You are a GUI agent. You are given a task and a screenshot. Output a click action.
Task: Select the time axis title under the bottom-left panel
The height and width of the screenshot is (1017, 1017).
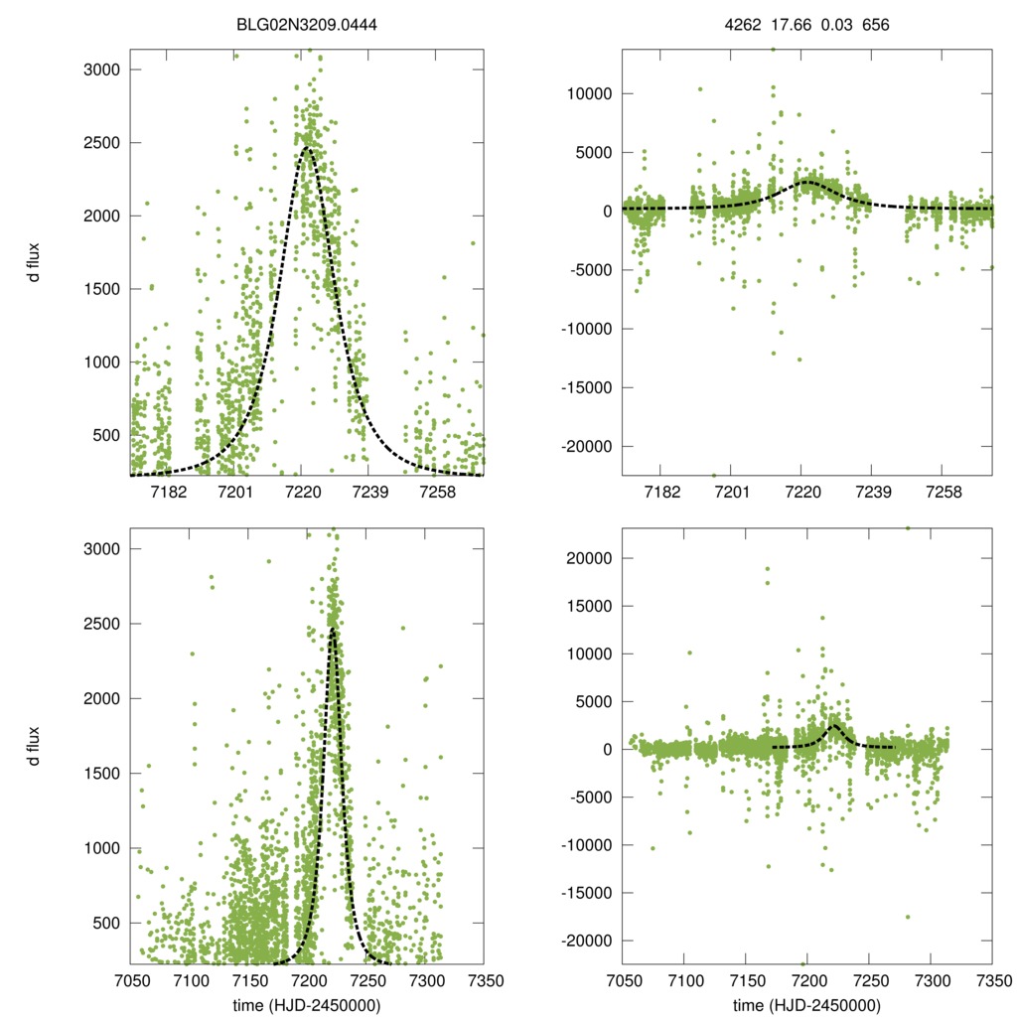306,1004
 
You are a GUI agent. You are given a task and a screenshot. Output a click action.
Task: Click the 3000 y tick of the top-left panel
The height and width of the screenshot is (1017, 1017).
103,70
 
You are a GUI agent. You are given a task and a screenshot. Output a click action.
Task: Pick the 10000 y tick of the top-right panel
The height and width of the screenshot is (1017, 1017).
593,93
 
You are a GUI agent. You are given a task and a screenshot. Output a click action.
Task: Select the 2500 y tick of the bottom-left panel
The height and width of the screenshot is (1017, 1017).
103,624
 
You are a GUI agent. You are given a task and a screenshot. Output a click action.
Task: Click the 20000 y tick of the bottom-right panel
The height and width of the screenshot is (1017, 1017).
593,558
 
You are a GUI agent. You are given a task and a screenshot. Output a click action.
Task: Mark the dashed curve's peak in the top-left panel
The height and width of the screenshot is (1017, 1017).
306,147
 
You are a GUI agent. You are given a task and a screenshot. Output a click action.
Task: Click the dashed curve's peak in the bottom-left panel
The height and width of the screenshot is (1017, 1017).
334,628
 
